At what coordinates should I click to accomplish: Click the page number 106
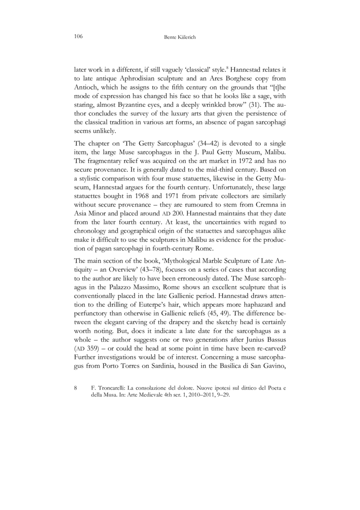pyautogui.click(x=78, y=36)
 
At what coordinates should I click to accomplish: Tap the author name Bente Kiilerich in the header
pyautogui.click(x=179, y=37)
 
